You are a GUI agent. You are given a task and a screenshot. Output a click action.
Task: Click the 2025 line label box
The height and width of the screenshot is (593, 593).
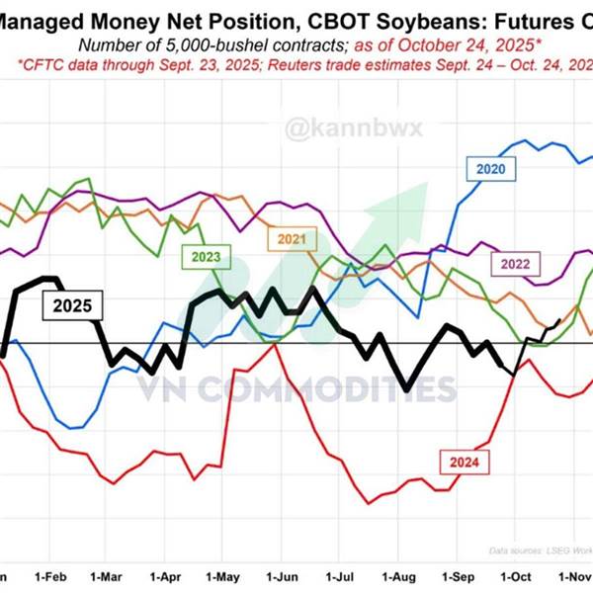(x=72, y=305)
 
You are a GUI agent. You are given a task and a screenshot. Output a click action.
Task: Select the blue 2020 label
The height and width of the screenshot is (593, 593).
(x=490, y=169)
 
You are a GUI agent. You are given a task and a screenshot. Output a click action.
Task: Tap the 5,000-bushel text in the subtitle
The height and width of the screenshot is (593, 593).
(x=212, y=43)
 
